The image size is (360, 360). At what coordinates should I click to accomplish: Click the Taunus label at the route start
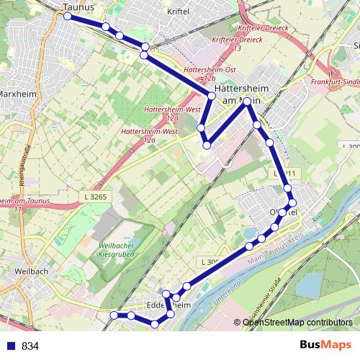pos(79,8)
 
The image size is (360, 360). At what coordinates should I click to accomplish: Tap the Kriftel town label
pos(177,12)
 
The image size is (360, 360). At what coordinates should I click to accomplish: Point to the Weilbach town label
pos(30,272)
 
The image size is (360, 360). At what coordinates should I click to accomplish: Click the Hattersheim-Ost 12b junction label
pos(200,72)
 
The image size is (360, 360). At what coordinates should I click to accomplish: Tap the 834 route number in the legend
pos(31,346)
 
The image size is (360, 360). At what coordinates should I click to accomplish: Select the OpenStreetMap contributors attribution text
pos(297,323)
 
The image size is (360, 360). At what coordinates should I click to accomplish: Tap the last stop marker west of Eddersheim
pos(114,315)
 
